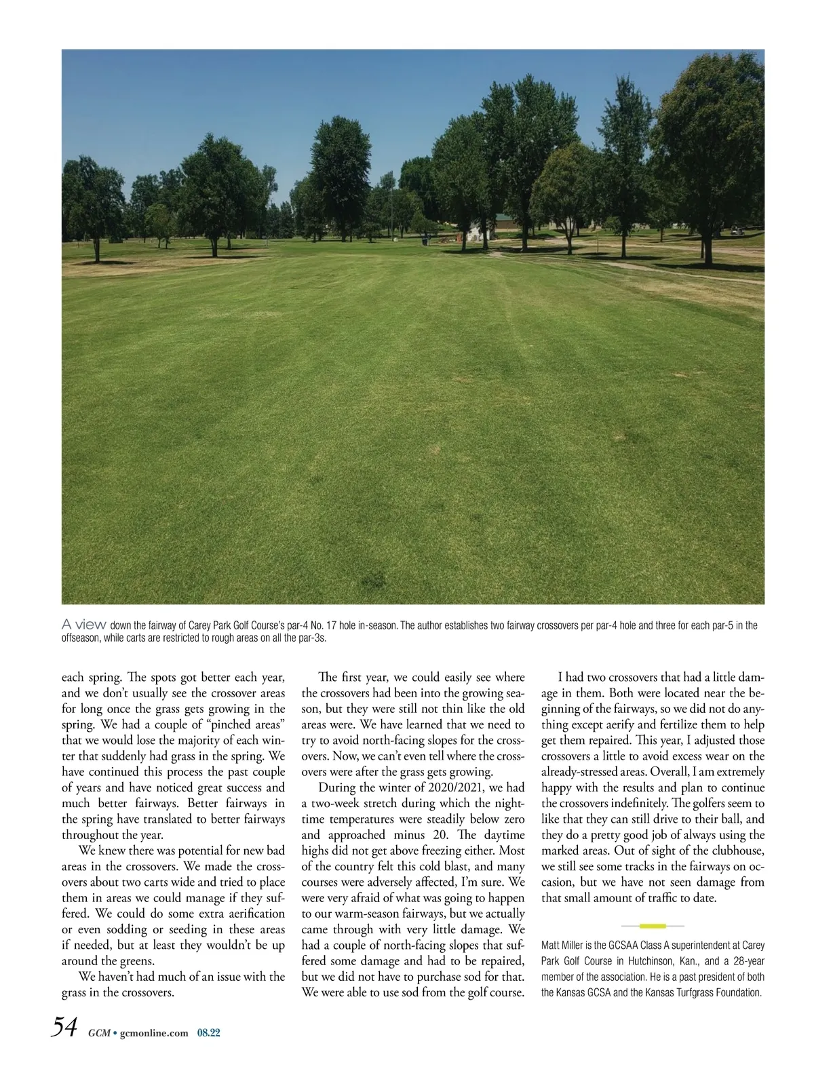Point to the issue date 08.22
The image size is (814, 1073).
tap(210, 1033)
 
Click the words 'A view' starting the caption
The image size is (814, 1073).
tap(83, 624)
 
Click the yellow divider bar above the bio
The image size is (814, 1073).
tap(652, 925)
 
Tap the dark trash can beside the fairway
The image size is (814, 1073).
tap(425, 240)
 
